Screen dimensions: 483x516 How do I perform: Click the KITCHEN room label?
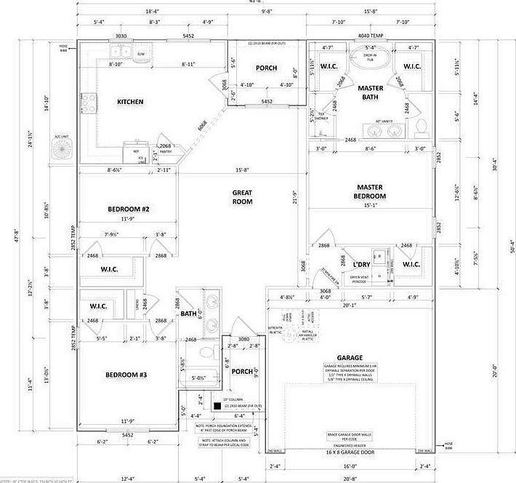click(x=131, y=102)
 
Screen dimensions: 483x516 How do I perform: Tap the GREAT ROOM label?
click(x=242, y=196)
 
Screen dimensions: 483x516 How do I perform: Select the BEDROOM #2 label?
click(x=129, y=209)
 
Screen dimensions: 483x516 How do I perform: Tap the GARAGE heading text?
click(x=350, y=358)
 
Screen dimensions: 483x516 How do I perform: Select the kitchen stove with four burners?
click(x=89, y=103)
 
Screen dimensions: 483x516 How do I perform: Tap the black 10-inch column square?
click(x=217, y=406)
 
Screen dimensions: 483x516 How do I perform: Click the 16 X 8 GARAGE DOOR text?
click(x=350, y=452)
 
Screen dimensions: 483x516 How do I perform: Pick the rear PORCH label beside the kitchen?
click(x=266, y=68)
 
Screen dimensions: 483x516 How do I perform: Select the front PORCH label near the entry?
click(x=241, y=372)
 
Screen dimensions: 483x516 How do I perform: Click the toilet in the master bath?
click(x=422, y=129)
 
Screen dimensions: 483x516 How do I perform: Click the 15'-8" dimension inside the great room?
click(x=242, y=172)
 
